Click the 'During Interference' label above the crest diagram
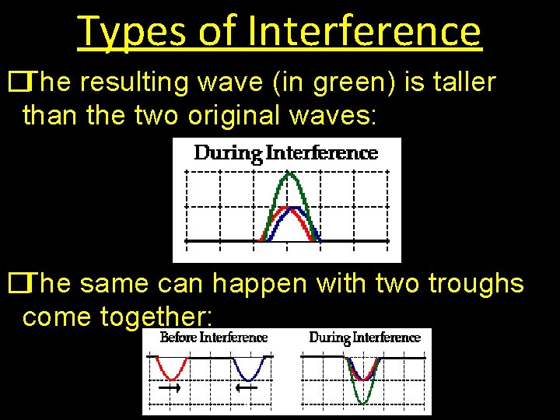(x=285, y=152)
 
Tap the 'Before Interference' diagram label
(x=213, y=338)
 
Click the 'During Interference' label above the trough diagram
(x=364, y=338)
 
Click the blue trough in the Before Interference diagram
(x=250, y=371)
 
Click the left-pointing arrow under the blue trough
(x=247, y=387)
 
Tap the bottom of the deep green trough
(x=363, y=401)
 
